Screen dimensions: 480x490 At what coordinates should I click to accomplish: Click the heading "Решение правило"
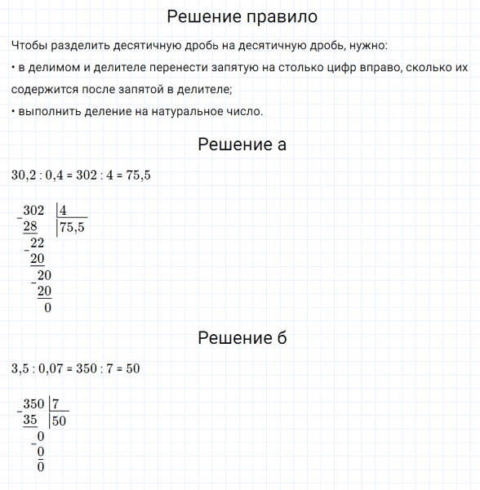242,16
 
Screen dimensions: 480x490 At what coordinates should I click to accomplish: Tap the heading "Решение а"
242,145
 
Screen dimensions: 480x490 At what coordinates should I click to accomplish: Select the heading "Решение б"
242,338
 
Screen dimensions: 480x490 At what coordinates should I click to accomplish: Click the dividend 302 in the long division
34,211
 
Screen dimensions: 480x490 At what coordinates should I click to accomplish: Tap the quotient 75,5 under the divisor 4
72,228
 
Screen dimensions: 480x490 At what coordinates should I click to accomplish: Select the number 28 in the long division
30,226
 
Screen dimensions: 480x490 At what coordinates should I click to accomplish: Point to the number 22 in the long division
37,243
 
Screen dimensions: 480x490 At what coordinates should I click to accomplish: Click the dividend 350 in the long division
34,403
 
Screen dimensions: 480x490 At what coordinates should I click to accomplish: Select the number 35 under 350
31,420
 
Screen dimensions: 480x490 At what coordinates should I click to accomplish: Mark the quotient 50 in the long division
59,421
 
